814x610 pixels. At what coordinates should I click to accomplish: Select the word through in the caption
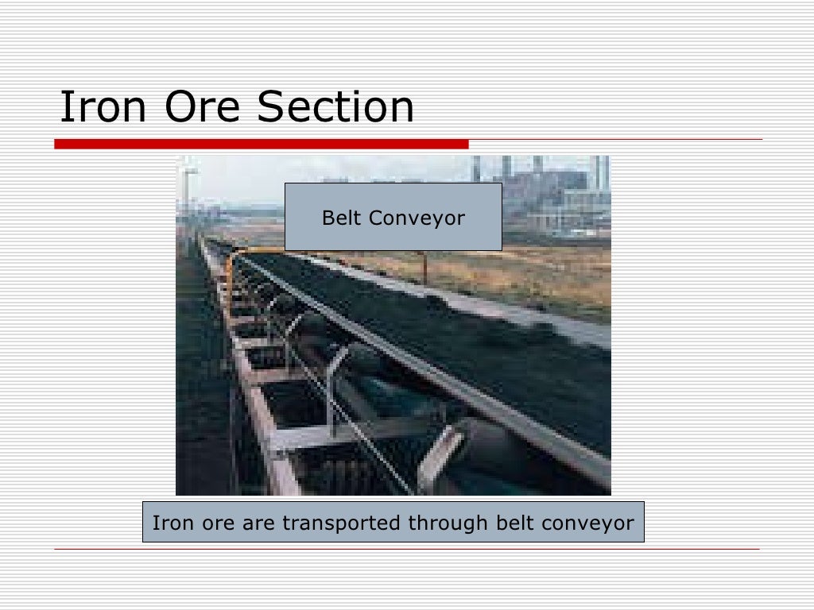(x=449, y=523)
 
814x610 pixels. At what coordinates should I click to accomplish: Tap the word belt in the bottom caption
(x=515, y=523)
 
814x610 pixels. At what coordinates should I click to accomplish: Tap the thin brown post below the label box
(x=426, y=266)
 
